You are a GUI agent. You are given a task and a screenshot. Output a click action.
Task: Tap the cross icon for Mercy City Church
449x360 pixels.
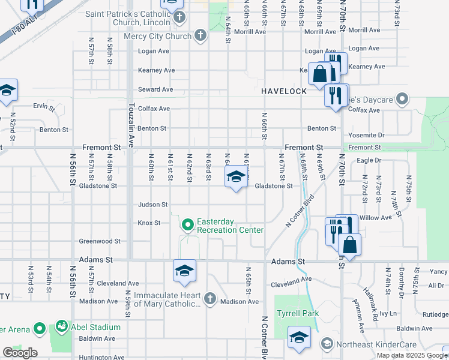click(x=201, y=36)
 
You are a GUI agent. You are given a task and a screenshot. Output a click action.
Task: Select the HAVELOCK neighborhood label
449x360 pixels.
click(x=284, y=91)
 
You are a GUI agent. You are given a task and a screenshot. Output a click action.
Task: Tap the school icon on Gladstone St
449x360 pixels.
click(x=236, y=177)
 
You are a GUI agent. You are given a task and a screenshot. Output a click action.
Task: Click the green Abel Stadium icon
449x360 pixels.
click(x=61, y=327)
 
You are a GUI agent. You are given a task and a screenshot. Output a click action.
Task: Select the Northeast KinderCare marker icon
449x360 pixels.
click(x=326, y=344)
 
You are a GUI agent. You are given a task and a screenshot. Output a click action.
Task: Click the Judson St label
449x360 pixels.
click(x=153, y=205)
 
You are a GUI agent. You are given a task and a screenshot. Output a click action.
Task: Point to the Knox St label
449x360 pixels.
click(x=149, y=223)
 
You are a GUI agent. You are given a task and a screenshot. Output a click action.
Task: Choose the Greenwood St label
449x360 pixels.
click(x=100, y=241)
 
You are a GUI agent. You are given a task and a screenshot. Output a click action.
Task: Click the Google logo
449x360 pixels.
click(x=20, y=353)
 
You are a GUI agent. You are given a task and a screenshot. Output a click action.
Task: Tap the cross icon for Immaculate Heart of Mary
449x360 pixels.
click(x=209, y=298)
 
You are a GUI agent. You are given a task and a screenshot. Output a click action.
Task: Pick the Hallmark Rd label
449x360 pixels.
click(x=373, y=299)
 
